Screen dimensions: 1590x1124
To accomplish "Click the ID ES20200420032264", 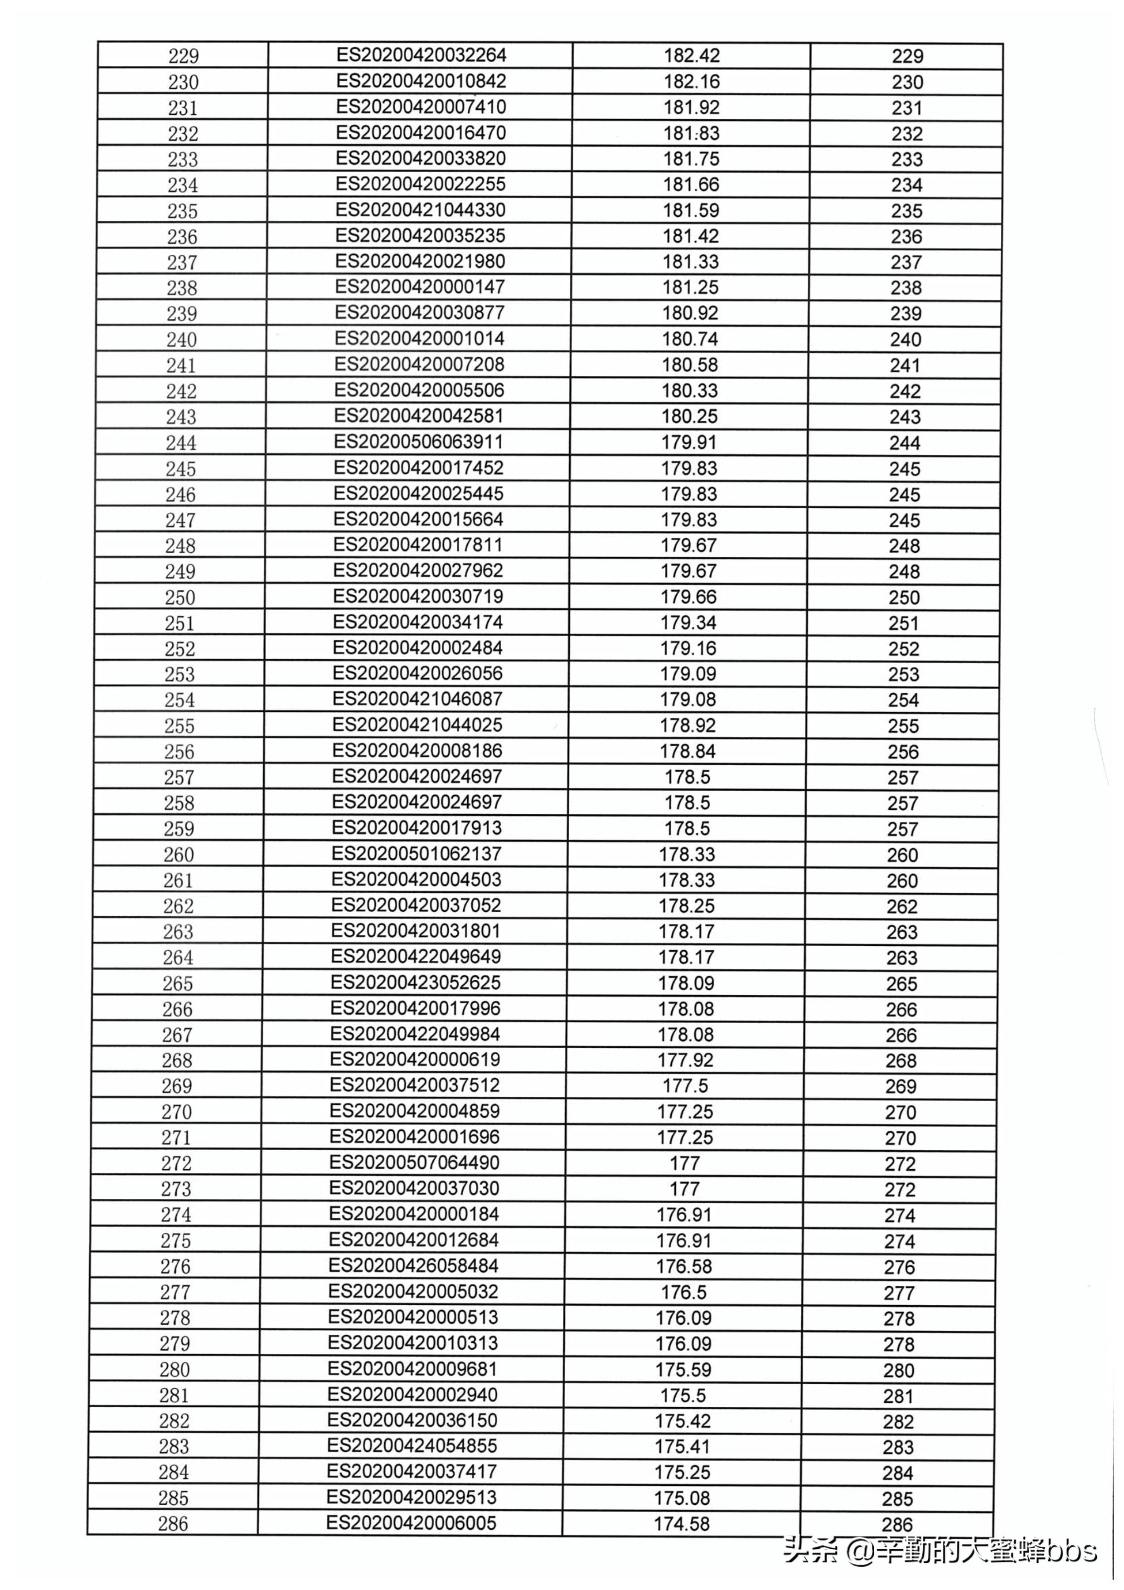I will tap(421, 55).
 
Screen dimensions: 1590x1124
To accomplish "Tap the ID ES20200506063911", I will tap(418, 442).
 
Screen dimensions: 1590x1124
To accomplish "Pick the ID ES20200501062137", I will tap(416, 854).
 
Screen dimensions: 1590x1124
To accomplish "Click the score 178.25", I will tap(687, 906).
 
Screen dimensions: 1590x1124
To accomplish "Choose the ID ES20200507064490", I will tap(414, 1163).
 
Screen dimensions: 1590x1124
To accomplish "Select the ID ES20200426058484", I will tap(413, 1266).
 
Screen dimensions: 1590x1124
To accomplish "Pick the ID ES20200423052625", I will tap(415, 982).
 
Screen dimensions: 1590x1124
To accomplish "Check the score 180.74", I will tap(690, 339).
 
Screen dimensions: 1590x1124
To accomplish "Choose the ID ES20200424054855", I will tap(412, 1446).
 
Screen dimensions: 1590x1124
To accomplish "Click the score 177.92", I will tap(685, 1060).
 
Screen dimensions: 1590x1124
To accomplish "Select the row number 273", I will tap(176, 1189).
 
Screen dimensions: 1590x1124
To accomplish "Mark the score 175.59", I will tap(683, 1370).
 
